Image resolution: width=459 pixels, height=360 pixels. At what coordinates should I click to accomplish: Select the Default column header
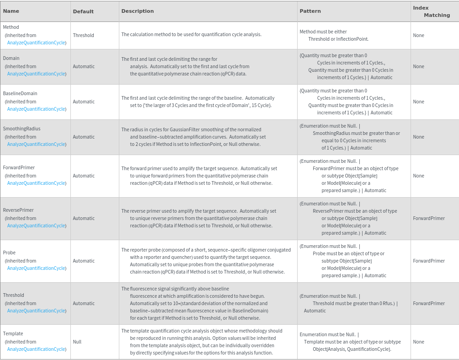tap(83, 11)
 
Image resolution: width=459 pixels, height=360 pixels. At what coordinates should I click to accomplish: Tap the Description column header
tap(138, 11)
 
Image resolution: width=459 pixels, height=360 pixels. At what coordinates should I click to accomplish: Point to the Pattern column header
tap(310, 11)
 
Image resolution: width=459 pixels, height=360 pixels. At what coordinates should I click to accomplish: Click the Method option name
tap(11, 27)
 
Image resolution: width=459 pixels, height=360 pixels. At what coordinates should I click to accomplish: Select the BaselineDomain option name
tap(20, 94)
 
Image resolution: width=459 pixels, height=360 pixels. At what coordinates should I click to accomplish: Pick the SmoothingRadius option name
tap(21, 129)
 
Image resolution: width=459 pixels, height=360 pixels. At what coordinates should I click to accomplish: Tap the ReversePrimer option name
tap(18, 210)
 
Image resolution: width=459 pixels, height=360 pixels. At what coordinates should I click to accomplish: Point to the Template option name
tap(13, 334)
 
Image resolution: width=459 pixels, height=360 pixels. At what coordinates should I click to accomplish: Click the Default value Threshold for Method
tap(83, 35)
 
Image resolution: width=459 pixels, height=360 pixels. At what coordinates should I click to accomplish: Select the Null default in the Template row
tap(77, 342)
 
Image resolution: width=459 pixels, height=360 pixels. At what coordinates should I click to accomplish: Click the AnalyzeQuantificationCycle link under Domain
tap(37, 74)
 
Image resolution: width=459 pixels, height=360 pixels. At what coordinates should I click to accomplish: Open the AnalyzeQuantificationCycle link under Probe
tap(37, 268)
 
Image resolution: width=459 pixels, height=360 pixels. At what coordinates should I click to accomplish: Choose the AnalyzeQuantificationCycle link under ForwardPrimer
tap(37, 183)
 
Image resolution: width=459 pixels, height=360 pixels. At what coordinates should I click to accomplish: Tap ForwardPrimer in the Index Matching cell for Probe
tap(428, 261)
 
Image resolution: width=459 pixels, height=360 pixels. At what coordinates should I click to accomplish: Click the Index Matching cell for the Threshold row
tap(428, 303)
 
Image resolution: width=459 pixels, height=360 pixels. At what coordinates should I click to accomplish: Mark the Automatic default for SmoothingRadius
tap(84, 137)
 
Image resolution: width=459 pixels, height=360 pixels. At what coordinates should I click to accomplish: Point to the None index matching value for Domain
tap(418, 66)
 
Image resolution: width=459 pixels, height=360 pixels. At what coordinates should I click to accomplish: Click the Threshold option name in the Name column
tap(14, 296)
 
